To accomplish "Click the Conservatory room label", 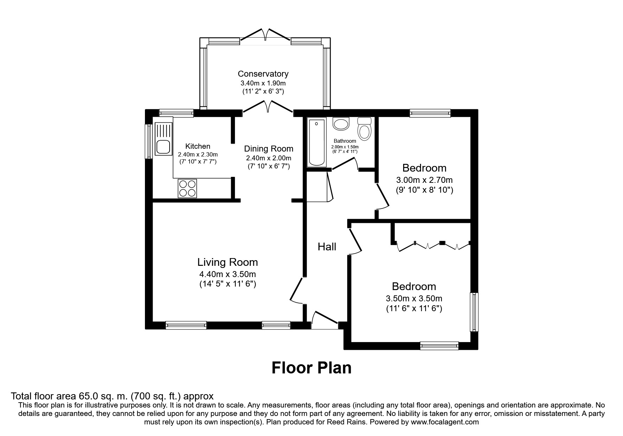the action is tap(263, 74).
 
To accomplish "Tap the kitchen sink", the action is tap(163, 139).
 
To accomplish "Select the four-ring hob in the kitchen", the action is tap(187, 188).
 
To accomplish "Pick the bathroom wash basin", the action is tap(341, 123).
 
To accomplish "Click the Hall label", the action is tap(327, 247).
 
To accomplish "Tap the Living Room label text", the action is tap(227, 262).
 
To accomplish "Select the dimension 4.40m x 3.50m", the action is tap(227, 274).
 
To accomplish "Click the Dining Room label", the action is tap(268, 149).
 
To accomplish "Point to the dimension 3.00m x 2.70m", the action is tap(424, 180).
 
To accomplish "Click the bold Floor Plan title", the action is tap(311, 368).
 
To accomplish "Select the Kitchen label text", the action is tap(198, 146).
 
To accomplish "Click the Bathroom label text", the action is tap(345, 141).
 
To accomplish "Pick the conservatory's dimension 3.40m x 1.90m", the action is tap(263, 83).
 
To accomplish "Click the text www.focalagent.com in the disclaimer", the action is tap(444, 422).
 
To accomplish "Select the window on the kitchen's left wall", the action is tap(149, 141).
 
